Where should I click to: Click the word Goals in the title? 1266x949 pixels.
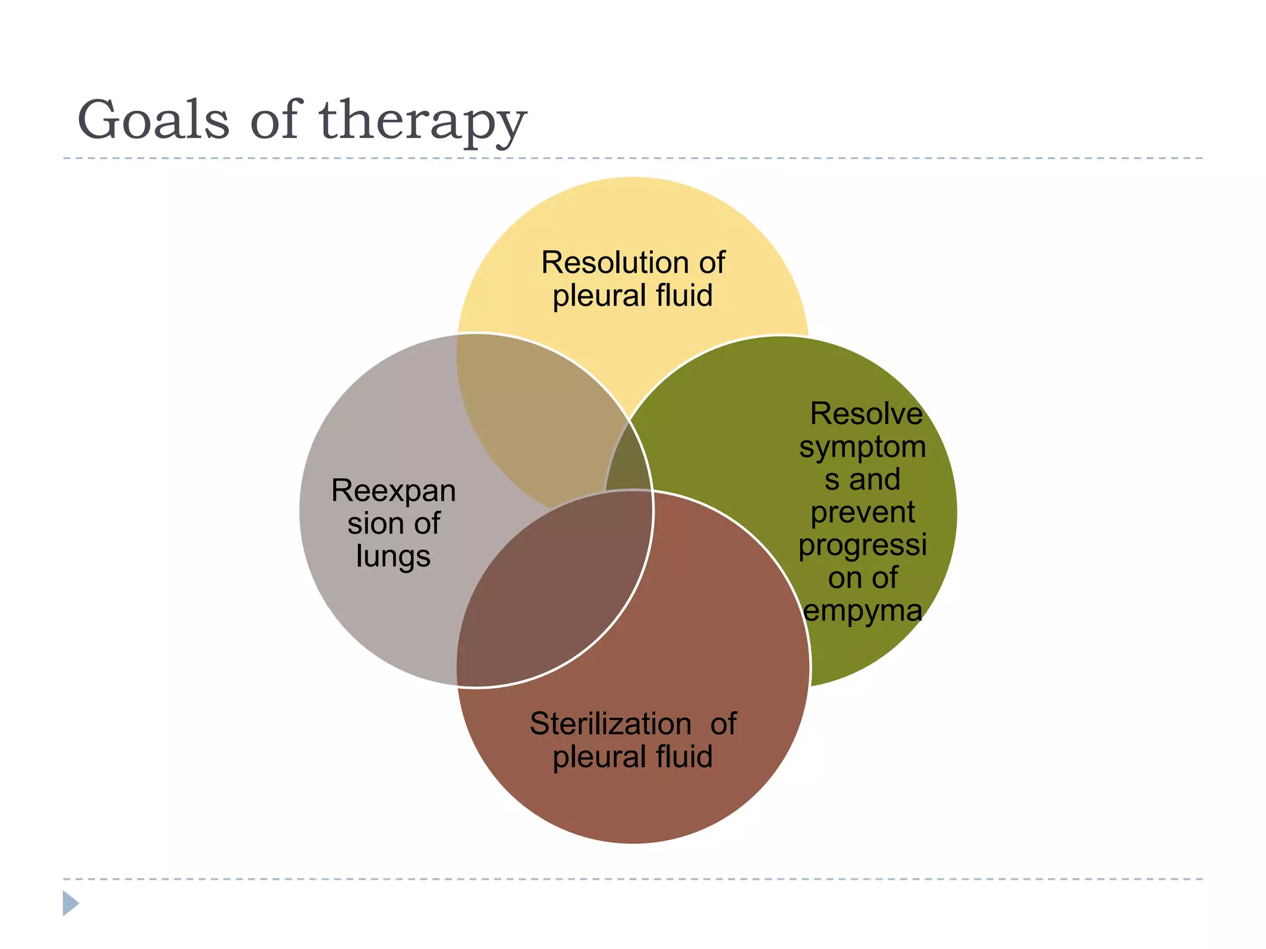pyautogui.click(x=153, y=120)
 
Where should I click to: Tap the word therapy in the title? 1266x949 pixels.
pyautogui.click(x=422, y=122)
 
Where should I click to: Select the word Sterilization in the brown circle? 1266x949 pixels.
pyautogui.click(x=610, y=723)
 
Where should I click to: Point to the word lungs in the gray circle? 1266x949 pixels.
pyautogui.click(x=393, y=557)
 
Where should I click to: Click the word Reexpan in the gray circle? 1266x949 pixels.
pyautogui.click(x=393, y=491)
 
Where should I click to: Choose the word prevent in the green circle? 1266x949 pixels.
pyautogui.click(x=862, y=512)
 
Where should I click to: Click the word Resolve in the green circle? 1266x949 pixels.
pyautogui.click(x=866, y=414)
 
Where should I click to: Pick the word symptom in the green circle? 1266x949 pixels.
pyautogui.click(x=862, y=447)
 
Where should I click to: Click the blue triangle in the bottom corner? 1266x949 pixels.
pyautogui.click(x=70, y=903)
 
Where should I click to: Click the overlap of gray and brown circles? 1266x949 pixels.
pyautogui.click(x=550, y=587)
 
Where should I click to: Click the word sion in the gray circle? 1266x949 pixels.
pyautogui.click(x=368, y=524)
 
